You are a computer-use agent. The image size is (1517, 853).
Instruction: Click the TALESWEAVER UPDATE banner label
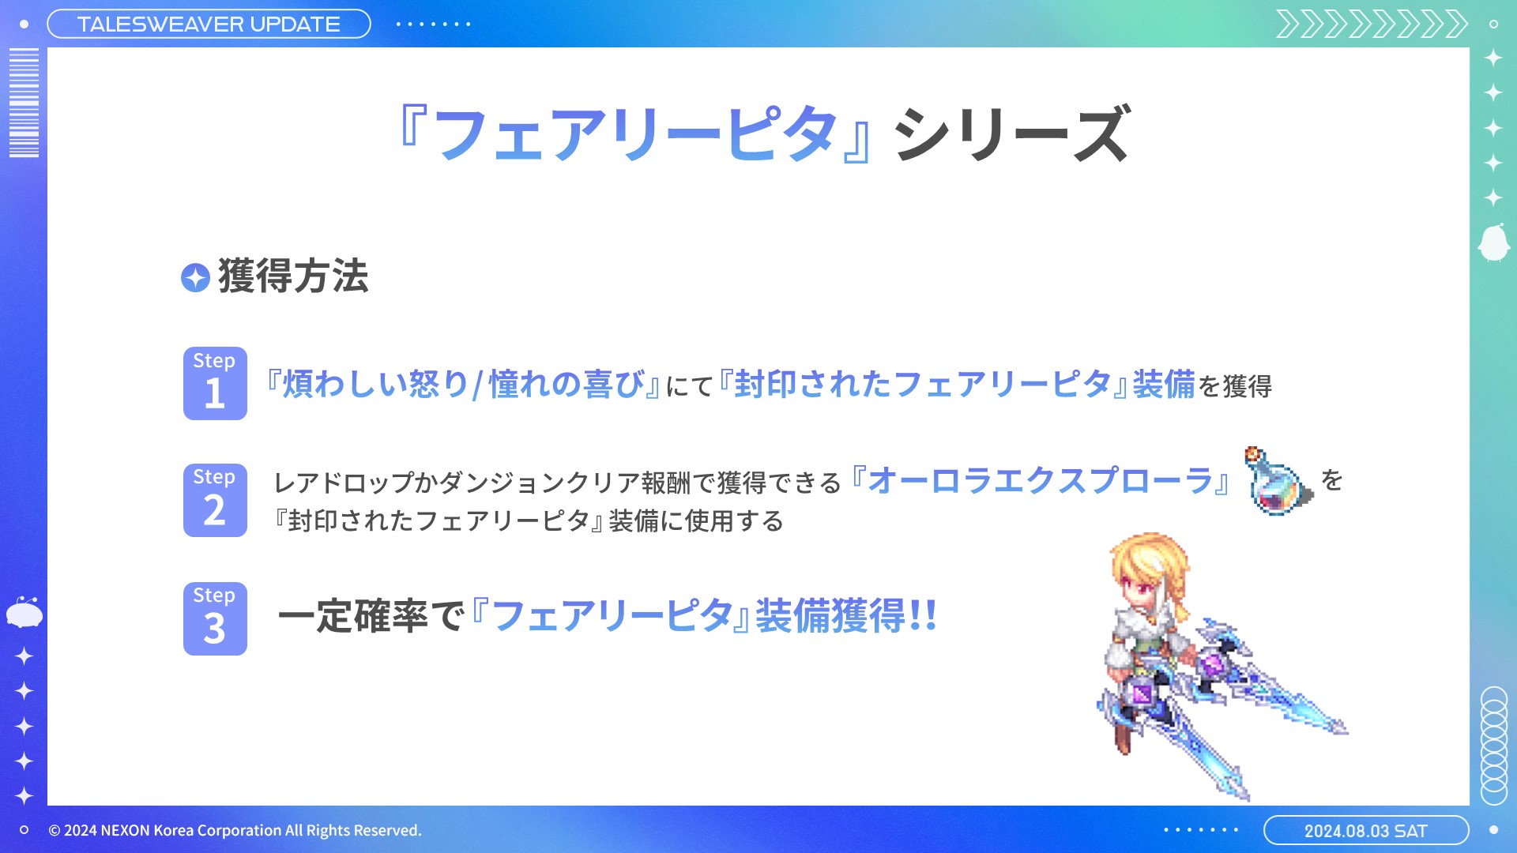click(x=209, y=24)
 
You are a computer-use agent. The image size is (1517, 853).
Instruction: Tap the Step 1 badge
click(x=215, y=383)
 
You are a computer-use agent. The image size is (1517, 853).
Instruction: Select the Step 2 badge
click(x=215, y=500)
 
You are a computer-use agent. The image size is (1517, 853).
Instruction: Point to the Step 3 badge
click(x=215, y=618)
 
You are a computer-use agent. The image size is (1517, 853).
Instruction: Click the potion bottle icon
click(x=1278, y=481)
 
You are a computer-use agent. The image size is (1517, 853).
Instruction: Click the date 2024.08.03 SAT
click(x=1365, y=831)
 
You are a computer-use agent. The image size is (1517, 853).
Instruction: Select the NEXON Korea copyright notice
click(x=235, y=830)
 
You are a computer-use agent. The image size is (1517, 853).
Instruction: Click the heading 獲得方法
click(x=293, y=276)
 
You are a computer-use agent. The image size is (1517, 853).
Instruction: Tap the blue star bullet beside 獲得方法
click(x=195, y=277)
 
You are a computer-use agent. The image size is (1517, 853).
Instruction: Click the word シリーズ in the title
click(x=1012, y=133)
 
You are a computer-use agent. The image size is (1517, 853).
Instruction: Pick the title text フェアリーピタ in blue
click(x=635, y=133)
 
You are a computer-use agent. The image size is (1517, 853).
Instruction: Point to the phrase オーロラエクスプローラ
click(x=1040, y=480)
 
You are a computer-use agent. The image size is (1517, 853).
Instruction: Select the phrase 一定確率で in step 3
click(x=371, y=616)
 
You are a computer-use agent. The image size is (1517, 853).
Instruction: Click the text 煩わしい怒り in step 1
click(x=376, y=384)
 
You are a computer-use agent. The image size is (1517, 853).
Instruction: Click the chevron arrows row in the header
click(x=1372, y=24)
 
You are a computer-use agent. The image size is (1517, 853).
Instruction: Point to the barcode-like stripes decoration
click(x=24, y=103)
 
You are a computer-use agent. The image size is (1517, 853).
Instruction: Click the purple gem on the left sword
click(x=1142, y=694)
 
